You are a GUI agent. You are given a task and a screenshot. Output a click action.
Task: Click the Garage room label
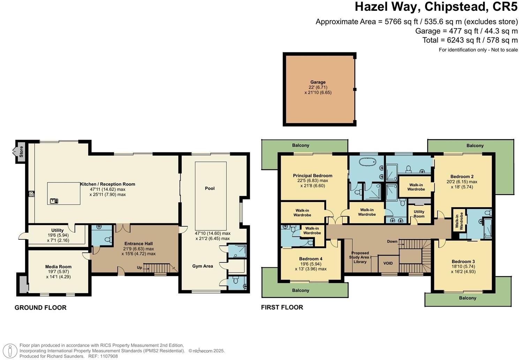pyautogui.click(x=318, y=82)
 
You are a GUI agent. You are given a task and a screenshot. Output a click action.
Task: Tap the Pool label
pyautogui.click(x=210, y=188)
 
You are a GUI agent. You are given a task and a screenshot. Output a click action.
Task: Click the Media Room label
pyautogui.click(x=58, y=267)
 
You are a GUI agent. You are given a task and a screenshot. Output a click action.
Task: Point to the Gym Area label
pyautogui.click(x=203, y=266)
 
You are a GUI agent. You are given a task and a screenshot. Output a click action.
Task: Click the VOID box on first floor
pyautogui.click(x=388, y=263)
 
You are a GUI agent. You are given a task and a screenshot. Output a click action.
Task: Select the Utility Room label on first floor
pyautogui.click(x=419, y=214)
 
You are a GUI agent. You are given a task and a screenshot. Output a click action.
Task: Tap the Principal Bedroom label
pyautogui.click(x=313, y=175)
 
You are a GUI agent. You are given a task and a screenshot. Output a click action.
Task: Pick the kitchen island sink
pyautogui.click(x=54, y=201)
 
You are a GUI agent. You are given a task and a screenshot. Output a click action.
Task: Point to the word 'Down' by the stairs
pyautogui.click(x=392, y=241)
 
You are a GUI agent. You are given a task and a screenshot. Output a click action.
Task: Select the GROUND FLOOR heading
pyautogui.click(x=40, y=308)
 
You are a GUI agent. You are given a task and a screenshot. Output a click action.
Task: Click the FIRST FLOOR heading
pyautogui.click(x=282, y=307)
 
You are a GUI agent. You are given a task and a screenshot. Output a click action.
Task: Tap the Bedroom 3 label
pyautogui.click(x=463, y=262)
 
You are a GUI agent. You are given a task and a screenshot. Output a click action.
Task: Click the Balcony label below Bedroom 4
pyautogui.click(x=300, y=290)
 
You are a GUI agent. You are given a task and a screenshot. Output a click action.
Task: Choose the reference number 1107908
pyautogui.click(x=108, y=356)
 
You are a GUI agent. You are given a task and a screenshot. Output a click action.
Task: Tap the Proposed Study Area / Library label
pyautogui.click(x=360, y=257)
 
